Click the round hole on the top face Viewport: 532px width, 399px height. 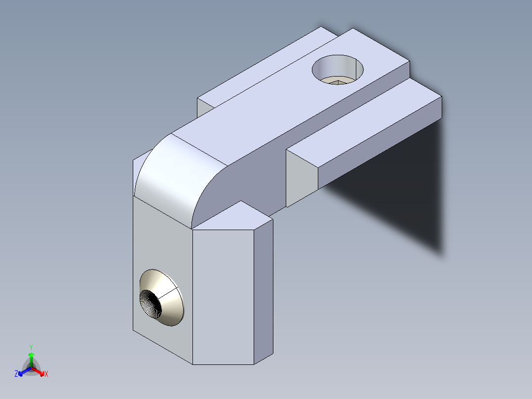pyautogui.click(x=338, y=69)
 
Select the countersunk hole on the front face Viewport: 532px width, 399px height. pyautogui.click(x=161, y=298)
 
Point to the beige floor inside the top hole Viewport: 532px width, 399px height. pyautogui.click(x=338, y=80)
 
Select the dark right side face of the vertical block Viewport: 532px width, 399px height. pyautogui.click(x=264, y=291)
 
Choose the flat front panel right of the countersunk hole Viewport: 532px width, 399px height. pyautogui.click(x=222, y=296)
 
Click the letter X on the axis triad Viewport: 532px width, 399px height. pyautogui.click(x=46, y=374)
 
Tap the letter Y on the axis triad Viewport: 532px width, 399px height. pyautogui.click(x=31, y=347)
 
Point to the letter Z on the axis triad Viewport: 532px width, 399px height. pyautogui.click(x=16, y=374)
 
